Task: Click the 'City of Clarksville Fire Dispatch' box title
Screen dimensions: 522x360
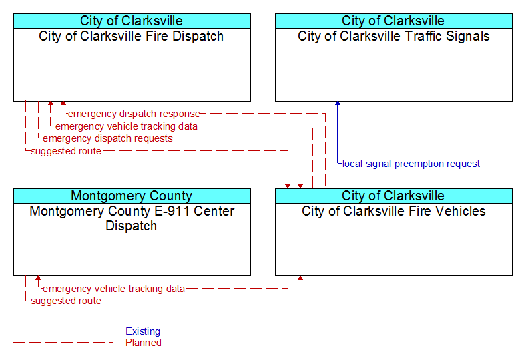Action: click(131, 36)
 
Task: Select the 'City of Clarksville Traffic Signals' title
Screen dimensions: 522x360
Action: click(393, 36)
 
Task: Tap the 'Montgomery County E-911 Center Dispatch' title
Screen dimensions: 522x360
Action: click(132, 218)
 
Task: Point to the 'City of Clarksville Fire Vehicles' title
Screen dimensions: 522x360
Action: click(393, 211)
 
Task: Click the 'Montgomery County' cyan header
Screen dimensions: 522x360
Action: click(132, 196)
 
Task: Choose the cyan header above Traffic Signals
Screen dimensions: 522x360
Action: click(394, 21)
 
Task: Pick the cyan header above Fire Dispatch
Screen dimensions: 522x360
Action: click(132, 21)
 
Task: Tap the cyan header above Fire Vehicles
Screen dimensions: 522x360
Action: click(394, 196)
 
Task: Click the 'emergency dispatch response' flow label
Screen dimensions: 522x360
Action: click(134, 114)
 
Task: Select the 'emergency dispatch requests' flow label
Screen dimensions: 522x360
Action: click(107, 138)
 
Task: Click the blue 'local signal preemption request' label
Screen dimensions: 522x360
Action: click(411, 164)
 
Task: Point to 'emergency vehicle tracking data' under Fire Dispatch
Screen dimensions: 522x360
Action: click(127, 126)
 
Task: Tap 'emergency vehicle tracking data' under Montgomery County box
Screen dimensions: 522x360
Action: click(113, 289)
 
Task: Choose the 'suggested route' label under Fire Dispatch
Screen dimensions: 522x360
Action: click(66, 151)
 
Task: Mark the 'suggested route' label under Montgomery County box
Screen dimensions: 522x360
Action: click(66, 301)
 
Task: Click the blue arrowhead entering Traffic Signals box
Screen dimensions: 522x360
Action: click(338, 104)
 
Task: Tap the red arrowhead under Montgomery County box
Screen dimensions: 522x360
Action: click(38, 278)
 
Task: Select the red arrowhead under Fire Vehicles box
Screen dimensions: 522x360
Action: click(300, 278)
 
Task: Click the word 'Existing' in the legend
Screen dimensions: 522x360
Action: click(143, 331)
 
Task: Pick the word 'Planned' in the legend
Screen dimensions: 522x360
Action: click(144, 343)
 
